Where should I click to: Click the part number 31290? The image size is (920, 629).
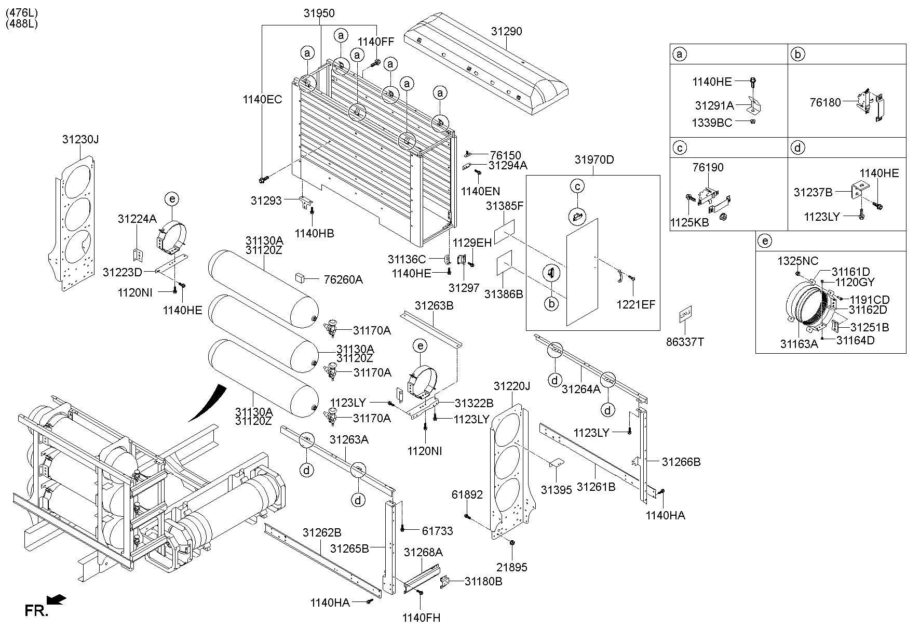(x=506, y=31)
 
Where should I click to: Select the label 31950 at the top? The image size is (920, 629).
(x=319, y=14)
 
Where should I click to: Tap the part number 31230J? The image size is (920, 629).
(x=80, y=139)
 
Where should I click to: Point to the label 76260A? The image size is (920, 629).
(x=343, y=279)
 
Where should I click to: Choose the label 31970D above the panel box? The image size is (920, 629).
(x=594, y=159)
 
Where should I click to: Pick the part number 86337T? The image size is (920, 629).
(x=685, y=342)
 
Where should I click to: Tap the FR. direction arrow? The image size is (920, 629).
(x=56, y=600)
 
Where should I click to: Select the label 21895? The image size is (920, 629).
(x=511, y=567)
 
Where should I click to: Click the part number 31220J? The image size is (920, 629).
(x=512, y=386)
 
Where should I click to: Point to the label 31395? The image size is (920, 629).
(x=556, y=489)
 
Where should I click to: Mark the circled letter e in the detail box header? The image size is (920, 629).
(x=765, y=240)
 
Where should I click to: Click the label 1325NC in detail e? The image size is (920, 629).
(x=797, y=261)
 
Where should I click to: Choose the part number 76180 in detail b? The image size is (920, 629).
(x=825, y=102)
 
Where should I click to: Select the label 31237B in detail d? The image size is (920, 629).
(x=813, y=192)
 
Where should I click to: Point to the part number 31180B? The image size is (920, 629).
(x=483, y=581)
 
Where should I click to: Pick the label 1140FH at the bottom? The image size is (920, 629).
(x=421, y=618)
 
